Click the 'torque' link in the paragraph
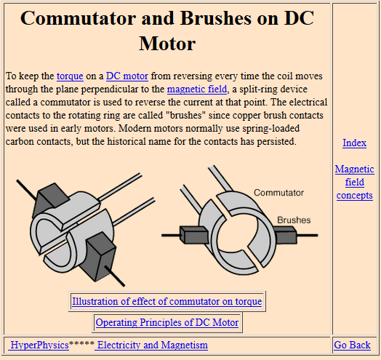(70, 76)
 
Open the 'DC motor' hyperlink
(127, 76)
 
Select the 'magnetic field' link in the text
(197, 89)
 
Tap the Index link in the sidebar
(354, 143)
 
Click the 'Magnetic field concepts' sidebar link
(355, 182)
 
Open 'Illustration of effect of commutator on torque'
(167, 301)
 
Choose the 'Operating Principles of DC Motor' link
(167, 323)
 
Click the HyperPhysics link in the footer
(39, 345)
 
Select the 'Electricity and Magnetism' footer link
(151, 345)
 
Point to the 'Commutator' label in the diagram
(278, 193)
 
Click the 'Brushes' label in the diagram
(294, 220)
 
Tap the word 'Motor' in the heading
(167, 44)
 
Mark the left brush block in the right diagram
(194, 235)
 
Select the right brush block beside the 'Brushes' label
(285, 235)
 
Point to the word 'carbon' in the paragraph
(20, 142)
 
